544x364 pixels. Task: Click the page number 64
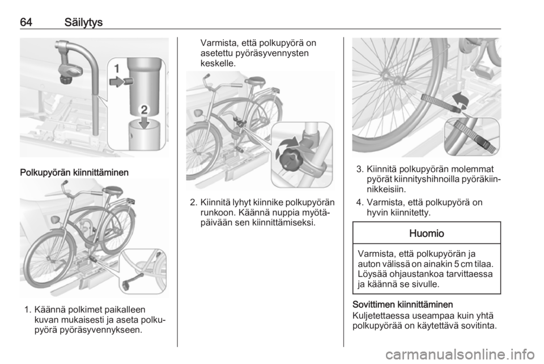pyautogui.click(x=26, y=22)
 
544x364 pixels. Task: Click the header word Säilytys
pyautogui.click(x=84, y=23)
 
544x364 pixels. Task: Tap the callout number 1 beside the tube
pyautogui.click(x=117, y=69)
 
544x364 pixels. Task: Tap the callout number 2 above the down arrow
pyautogui.click(x=143, y=110)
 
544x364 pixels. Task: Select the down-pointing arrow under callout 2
pyautogui.click(x=144, y=122)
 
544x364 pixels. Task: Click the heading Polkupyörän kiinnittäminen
pyautogui.click(x=74, y=172)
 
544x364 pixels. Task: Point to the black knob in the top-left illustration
pyautogui.click(x=66, y=79)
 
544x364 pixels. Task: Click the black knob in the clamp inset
pyautogui.click(x=288, y=159)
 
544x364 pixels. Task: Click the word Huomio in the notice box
pyautogui.click(x=426, y=233)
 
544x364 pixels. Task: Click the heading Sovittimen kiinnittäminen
pyautogui.click(x=402, y=304)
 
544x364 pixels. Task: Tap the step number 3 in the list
pyautogui.click(x=359, y=170)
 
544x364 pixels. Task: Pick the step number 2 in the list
pyautogui.click(x=193, y=202)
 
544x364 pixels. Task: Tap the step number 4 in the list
pyautogui.click(x=359, y=202)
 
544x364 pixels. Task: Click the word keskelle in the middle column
pyautogui.click(x=218, y=64)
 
